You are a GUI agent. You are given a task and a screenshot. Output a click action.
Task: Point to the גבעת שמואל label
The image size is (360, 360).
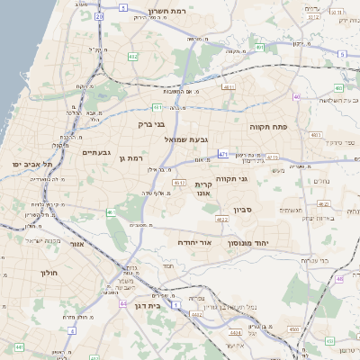click(x=185, y=139)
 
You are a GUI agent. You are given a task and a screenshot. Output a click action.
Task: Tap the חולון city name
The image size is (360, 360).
click(x=49, y=272)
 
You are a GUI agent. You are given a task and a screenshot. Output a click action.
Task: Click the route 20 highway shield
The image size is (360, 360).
click(x=99, y=16)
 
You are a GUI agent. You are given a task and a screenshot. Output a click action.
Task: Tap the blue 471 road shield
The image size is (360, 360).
click(x=223, y=154)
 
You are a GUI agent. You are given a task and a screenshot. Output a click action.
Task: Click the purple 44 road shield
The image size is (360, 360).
click(x=122, y=304)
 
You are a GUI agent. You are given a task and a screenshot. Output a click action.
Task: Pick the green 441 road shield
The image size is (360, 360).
click(x=19, y=346)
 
